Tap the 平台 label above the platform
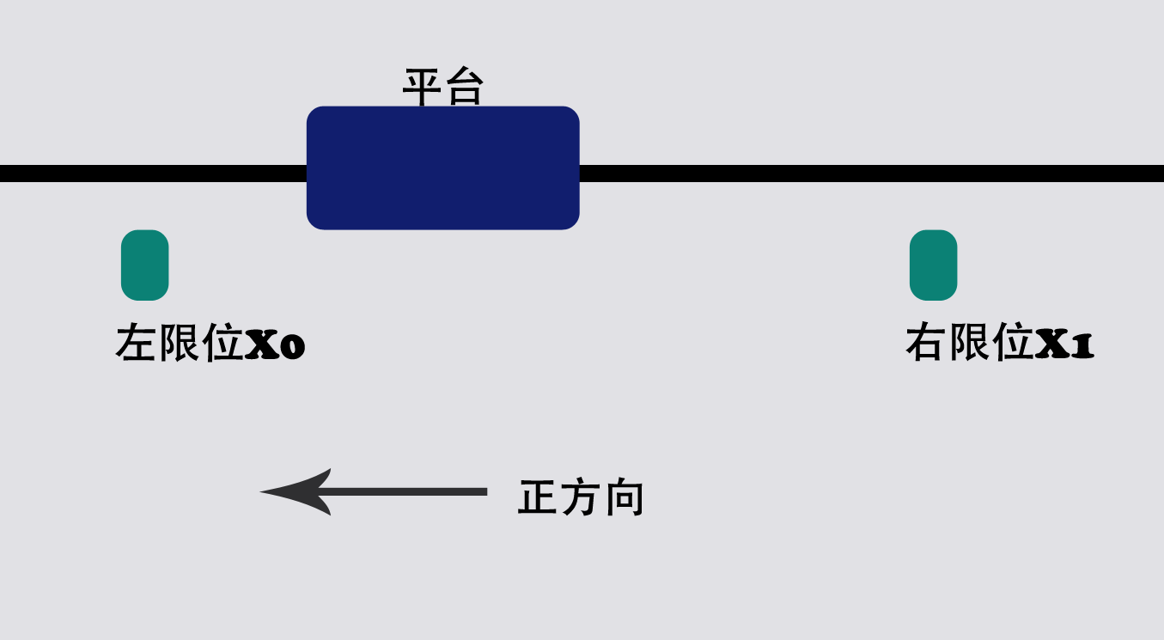coord(443,88)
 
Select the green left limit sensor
coord(144,265)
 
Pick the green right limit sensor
coord(933,265)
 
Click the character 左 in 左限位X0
coord(137,344)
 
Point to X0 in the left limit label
coord(275,345)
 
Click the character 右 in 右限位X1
coord(926,344)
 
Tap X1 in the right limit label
coord(1064,345)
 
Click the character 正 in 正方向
coord(538,497)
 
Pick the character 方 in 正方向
coord(581,497)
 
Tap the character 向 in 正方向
coord(624,497)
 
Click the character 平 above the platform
coord(423,88)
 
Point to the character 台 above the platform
coord(464,88)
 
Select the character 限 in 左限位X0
coord(180,344)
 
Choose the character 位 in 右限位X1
coord(1013,344)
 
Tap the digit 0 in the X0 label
coord(291,347)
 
